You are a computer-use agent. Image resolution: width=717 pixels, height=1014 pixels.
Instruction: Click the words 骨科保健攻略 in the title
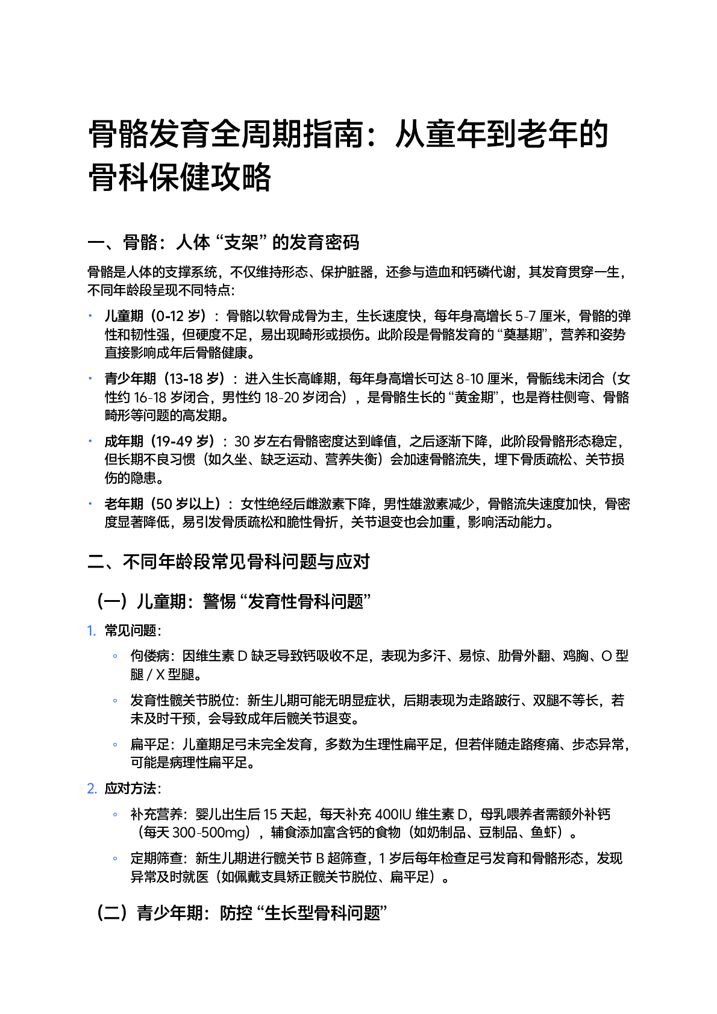(180, 177)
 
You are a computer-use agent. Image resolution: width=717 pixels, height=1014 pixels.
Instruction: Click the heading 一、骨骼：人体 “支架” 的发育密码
(223, 242)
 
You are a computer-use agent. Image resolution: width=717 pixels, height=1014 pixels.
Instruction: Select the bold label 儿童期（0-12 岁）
(155, 316)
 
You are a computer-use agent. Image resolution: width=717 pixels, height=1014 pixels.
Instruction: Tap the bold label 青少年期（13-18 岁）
(164, 378)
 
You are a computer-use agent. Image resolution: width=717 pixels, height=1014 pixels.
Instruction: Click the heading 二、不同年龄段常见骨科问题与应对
(228, 562)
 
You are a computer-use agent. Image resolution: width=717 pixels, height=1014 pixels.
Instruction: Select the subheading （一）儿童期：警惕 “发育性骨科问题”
(232, 601)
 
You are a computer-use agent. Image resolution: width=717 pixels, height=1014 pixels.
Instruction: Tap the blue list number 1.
(91, 631)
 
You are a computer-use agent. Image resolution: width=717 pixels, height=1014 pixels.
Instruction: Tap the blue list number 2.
(92, 789)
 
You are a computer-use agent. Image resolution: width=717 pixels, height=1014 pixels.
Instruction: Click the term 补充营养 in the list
(156, 815)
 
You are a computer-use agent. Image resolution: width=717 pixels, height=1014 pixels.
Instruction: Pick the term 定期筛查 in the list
(156, 859)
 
